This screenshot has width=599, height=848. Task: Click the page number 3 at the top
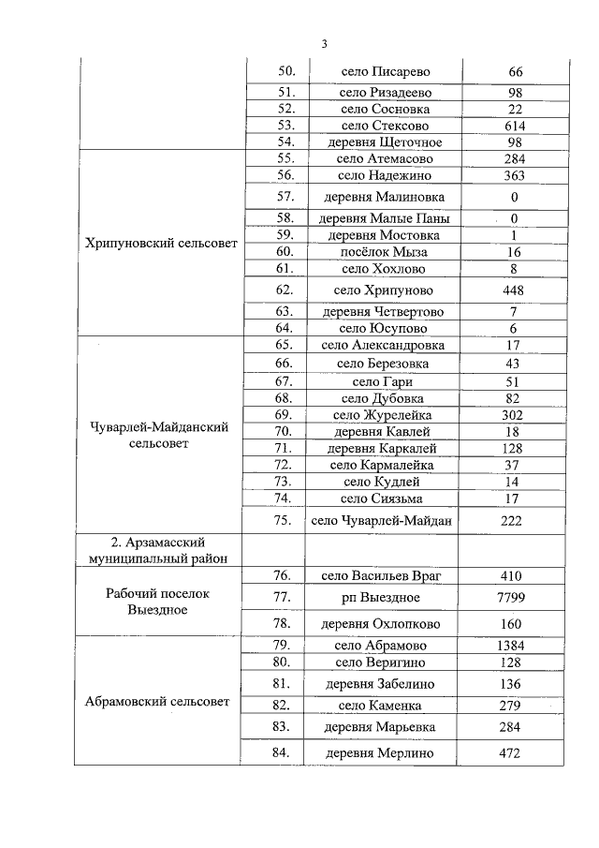[x=324, y=44]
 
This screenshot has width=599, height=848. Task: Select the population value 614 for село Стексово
[x=515, y=125]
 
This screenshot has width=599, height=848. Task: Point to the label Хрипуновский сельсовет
[x=160, y=244]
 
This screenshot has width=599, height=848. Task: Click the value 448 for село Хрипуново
[x=515, y=290]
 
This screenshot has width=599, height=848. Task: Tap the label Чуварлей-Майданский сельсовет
[x=160, y=435]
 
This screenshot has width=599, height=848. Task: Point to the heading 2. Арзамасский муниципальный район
[x=160, y=550]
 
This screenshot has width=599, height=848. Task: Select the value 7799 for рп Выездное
[x=515, y=597]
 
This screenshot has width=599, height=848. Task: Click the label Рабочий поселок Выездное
[x=160, y=602]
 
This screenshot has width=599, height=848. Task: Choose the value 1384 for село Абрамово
[x=515, y=646]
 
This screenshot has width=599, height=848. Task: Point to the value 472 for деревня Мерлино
[x=515, y=753]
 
